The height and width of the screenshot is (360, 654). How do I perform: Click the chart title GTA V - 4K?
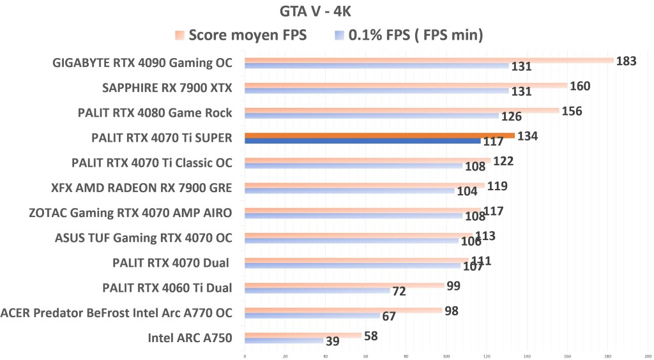316,11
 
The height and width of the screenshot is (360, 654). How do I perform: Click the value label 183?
626,61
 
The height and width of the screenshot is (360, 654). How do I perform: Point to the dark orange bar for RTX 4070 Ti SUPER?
379,135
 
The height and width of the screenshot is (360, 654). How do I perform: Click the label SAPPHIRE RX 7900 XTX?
167,87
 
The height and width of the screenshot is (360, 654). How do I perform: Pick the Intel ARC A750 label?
190,338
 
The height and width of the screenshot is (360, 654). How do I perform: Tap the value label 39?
332,341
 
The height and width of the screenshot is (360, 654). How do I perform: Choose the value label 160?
580,86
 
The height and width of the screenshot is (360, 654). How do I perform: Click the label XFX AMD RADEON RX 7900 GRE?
141,188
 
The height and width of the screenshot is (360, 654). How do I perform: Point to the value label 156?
571,111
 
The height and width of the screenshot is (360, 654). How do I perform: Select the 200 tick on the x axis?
647,356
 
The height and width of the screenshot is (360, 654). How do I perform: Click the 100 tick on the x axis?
446,356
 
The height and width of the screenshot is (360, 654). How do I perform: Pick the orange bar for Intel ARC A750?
303,335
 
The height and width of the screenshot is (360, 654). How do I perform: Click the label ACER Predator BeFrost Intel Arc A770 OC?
116,313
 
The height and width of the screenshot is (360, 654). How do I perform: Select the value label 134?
528,136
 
